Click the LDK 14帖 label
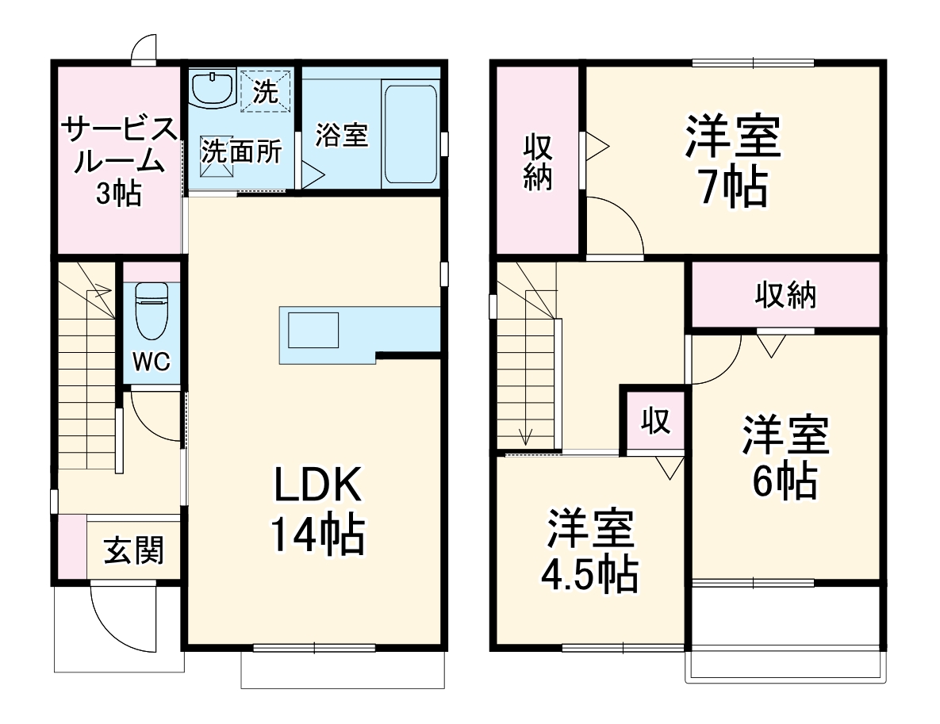click(317, 511)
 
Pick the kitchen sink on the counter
click(313, 330)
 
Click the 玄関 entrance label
click(133, 550)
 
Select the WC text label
click(151, 362)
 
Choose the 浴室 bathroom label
click(342, 135)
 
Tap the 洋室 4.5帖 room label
click(589, 553)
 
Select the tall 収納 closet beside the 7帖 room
click(539, 162)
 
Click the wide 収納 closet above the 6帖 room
click(785, 295)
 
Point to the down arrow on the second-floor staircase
click(524, 435)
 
